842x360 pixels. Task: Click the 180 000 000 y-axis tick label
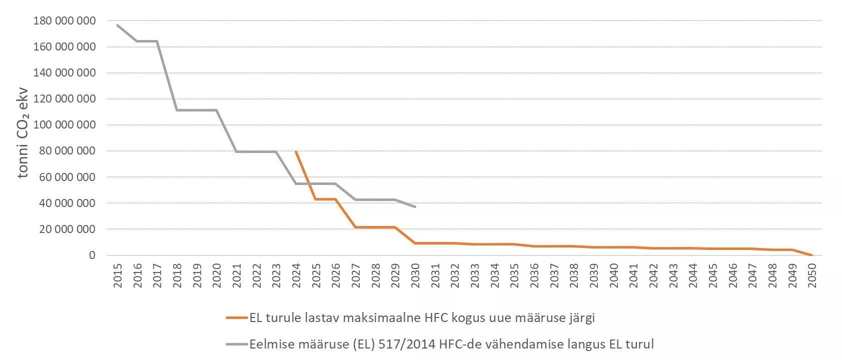click(65, 21)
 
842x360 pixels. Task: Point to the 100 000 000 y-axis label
click(65, 125)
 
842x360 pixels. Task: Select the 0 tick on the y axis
click(92, 255)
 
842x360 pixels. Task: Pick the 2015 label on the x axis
click(118, 275)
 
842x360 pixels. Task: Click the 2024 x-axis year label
click(296, 275)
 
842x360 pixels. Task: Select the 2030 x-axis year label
click(415, 275)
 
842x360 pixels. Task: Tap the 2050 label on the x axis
click(812, 275)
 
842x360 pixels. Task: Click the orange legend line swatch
click(236, 318)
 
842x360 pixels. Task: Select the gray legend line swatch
click(236, 344)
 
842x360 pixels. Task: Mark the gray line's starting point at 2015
click(118, 25)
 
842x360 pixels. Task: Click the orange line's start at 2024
click(296, 151)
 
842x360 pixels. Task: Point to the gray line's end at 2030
click(415, 206)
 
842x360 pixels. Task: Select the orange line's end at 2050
click(812, 255)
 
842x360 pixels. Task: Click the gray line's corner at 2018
click(177, 110)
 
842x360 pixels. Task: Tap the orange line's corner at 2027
click(356, 227)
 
